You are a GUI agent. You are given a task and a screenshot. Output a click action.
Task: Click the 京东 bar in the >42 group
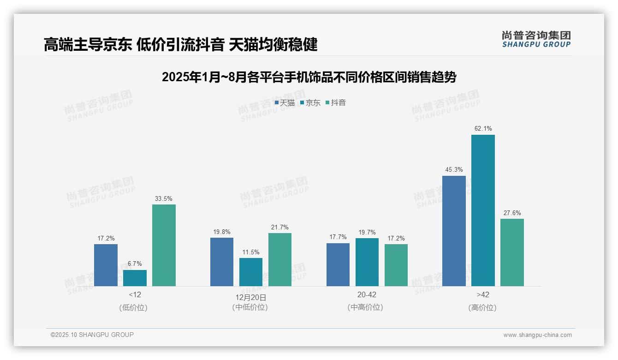(x=483, y=210)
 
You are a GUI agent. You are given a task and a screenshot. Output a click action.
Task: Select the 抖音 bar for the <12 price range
(x=164, y=245)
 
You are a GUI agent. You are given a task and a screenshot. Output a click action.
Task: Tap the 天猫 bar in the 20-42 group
(x=338, y=264)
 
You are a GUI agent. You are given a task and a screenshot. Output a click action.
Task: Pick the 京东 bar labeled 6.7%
(x=135, y=278)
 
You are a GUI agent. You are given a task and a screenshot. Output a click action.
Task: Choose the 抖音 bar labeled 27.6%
(x=512, y=252)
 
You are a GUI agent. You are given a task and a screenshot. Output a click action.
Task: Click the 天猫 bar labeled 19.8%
(x=222, y=262)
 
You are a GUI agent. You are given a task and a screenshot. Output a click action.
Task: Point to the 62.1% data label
(x=483, y=128)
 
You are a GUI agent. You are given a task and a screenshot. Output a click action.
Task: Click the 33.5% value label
(x=164, y=198)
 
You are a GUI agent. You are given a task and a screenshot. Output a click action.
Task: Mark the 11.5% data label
(x=251, y=252)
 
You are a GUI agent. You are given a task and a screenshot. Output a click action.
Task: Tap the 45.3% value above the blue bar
(x=454, y=169)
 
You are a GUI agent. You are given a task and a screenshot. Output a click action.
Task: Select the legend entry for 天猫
(x=285, y=102)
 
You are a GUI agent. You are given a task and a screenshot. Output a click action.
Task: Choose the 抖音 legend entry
(x=336, y=102)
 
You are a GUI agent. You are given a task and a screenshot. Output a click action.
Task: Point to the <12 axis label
(x=135, y=295)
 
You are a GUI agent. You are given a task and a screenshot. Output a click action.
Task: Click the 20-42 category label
(x=367, y=295)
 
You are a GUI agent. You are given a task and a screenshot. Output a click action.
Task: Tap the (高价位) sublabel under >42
(x=482, y=307)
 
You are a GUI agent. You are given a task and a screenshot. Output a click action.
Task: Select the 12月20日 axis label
(x=251, y=297)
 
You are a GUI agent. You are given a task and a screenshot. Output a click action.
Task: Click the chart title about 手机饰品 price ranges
(x=309, y=77)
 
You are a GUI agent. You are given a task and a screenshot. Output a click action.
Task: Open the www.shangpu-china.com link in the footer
(x=537, y=335)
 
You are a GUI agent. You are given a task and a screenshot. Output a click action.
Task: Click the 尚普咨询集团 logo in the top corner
(x=536, y=39)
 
